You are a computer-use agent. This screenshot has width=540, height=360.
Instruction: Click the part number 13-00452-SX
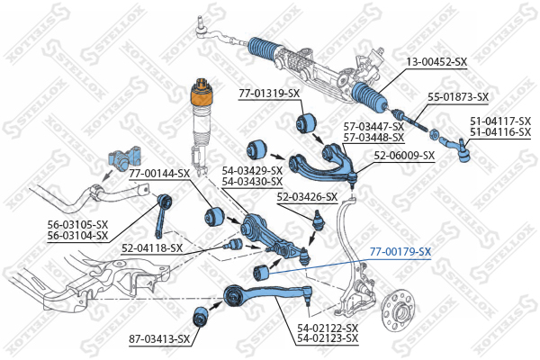[x=436, y=61]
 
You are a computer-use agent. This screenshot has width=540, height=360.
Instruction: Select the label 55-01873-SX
[x=457, y=96]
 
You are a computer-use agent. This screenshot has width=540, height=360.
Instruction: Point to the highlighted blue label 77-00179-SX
[x=400, y=252]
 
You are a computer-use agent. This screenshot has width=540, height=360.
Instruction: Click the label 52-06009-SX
[x=404, y=155]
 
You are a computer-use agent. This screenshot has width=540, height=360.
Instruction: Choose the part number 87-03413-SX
[x=159, y=338]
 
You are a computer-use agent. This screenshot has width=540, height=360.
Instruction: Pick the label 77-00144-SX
[x=158, y=172]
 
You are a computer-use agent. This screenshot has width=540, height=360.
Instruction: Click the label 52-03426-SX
[x=307, y=196]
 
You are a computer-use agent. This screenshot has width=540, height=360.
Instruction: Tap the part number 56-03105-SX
[x=76, y=226]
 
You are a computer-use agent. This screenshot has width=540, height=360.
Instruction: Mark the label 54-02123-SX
[x=328, y=338]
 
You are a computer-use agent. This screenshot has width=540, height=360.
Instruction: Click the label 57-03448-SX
[x=373, y=137]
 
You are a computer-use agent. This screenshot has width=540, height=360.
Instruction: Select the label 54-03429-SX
[x=252, y=170]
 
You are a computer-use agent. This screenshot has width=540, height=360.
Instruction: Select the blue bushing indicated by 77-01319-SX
[x=310, y=121]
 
